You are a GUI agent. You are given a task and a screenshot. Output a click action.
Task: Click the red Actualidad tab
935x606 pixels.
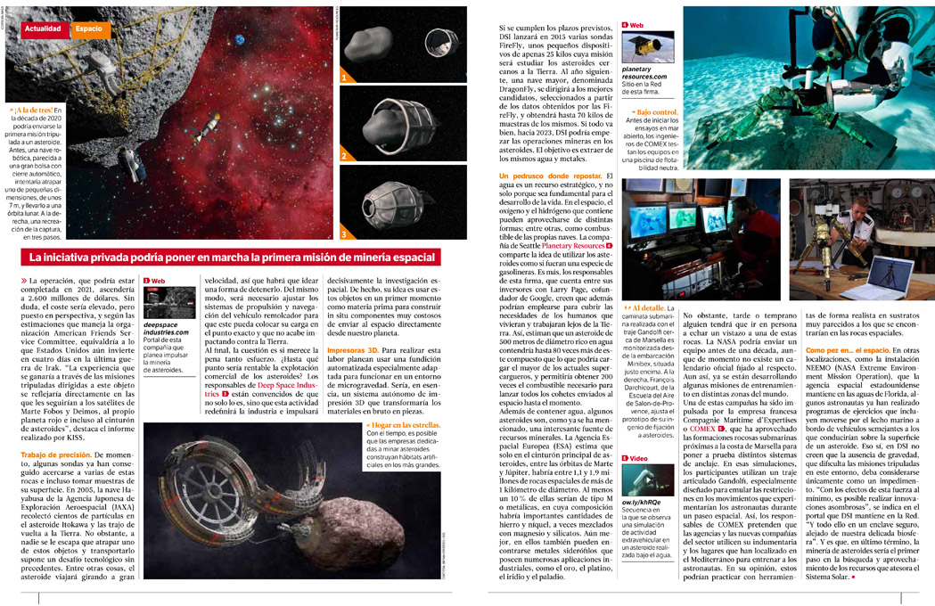tap(43, 29)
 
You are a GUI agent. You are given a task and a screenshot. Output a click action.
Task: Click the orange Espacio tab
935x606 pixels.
tap(88, 29)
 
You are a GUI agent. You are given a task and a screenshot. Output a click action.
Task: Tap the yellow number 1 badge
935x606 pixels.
tap(344, 78)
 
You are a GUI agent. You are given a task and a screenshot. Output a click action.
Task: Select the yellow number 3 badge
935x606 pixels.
tap(344, 234)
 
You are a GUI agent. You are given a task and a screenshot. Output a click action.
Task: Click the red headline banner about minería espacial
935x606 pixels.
tap(230, 258)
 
